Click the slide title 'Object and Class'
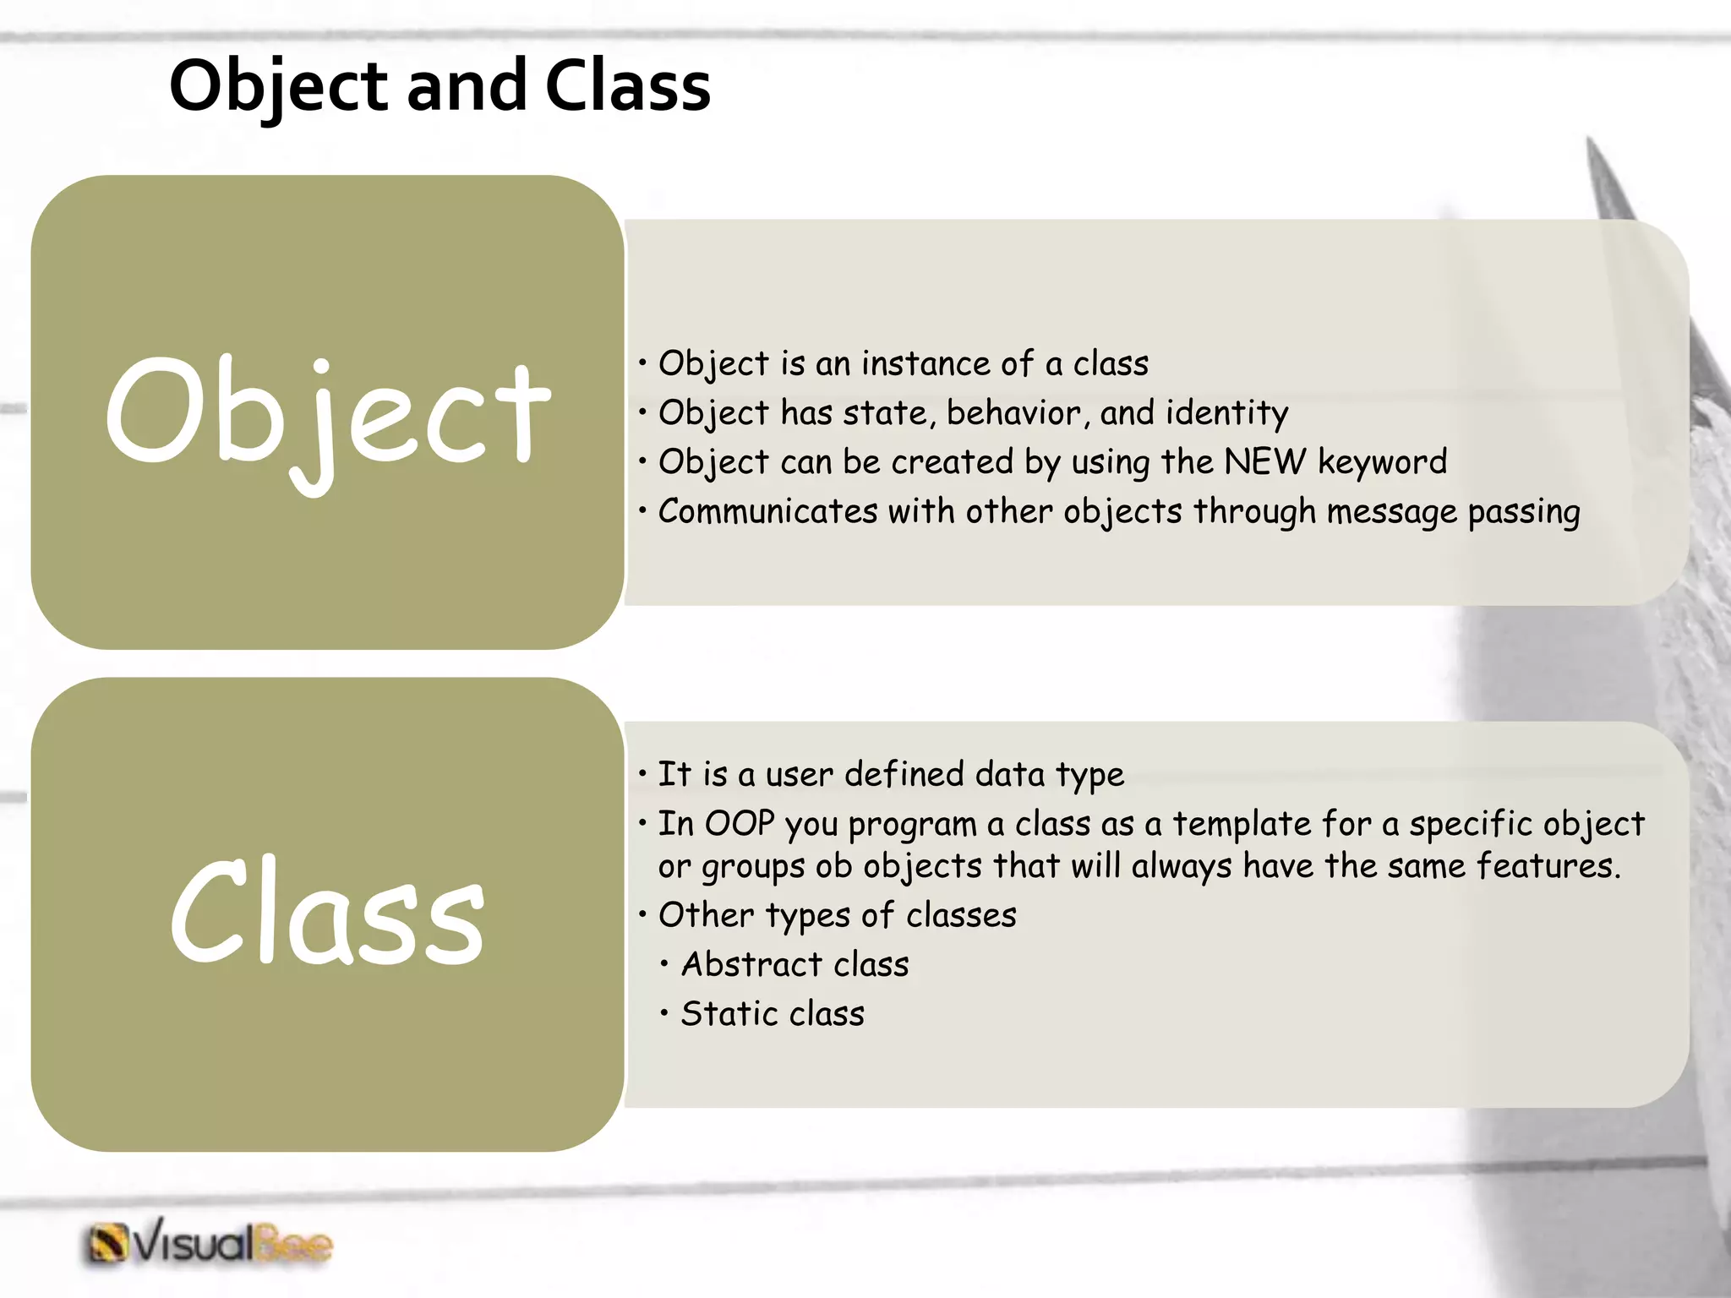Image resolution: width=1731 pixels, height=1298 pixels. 440,86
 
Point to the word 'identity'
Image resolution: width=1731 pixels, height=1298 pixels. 1227,413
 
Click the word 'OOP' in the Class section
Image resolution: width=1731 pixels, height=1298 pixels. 740,824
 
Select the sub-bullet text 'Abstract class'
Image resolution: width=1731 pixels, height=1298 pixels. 795,964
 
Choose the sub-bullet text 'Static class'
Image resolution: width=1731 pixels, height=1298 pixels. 773,1014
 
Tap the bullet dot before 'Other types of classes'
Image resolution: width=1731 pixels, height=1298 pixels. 643,914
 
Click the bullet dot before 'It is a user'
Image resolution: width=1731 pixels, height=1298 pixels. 643,773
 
